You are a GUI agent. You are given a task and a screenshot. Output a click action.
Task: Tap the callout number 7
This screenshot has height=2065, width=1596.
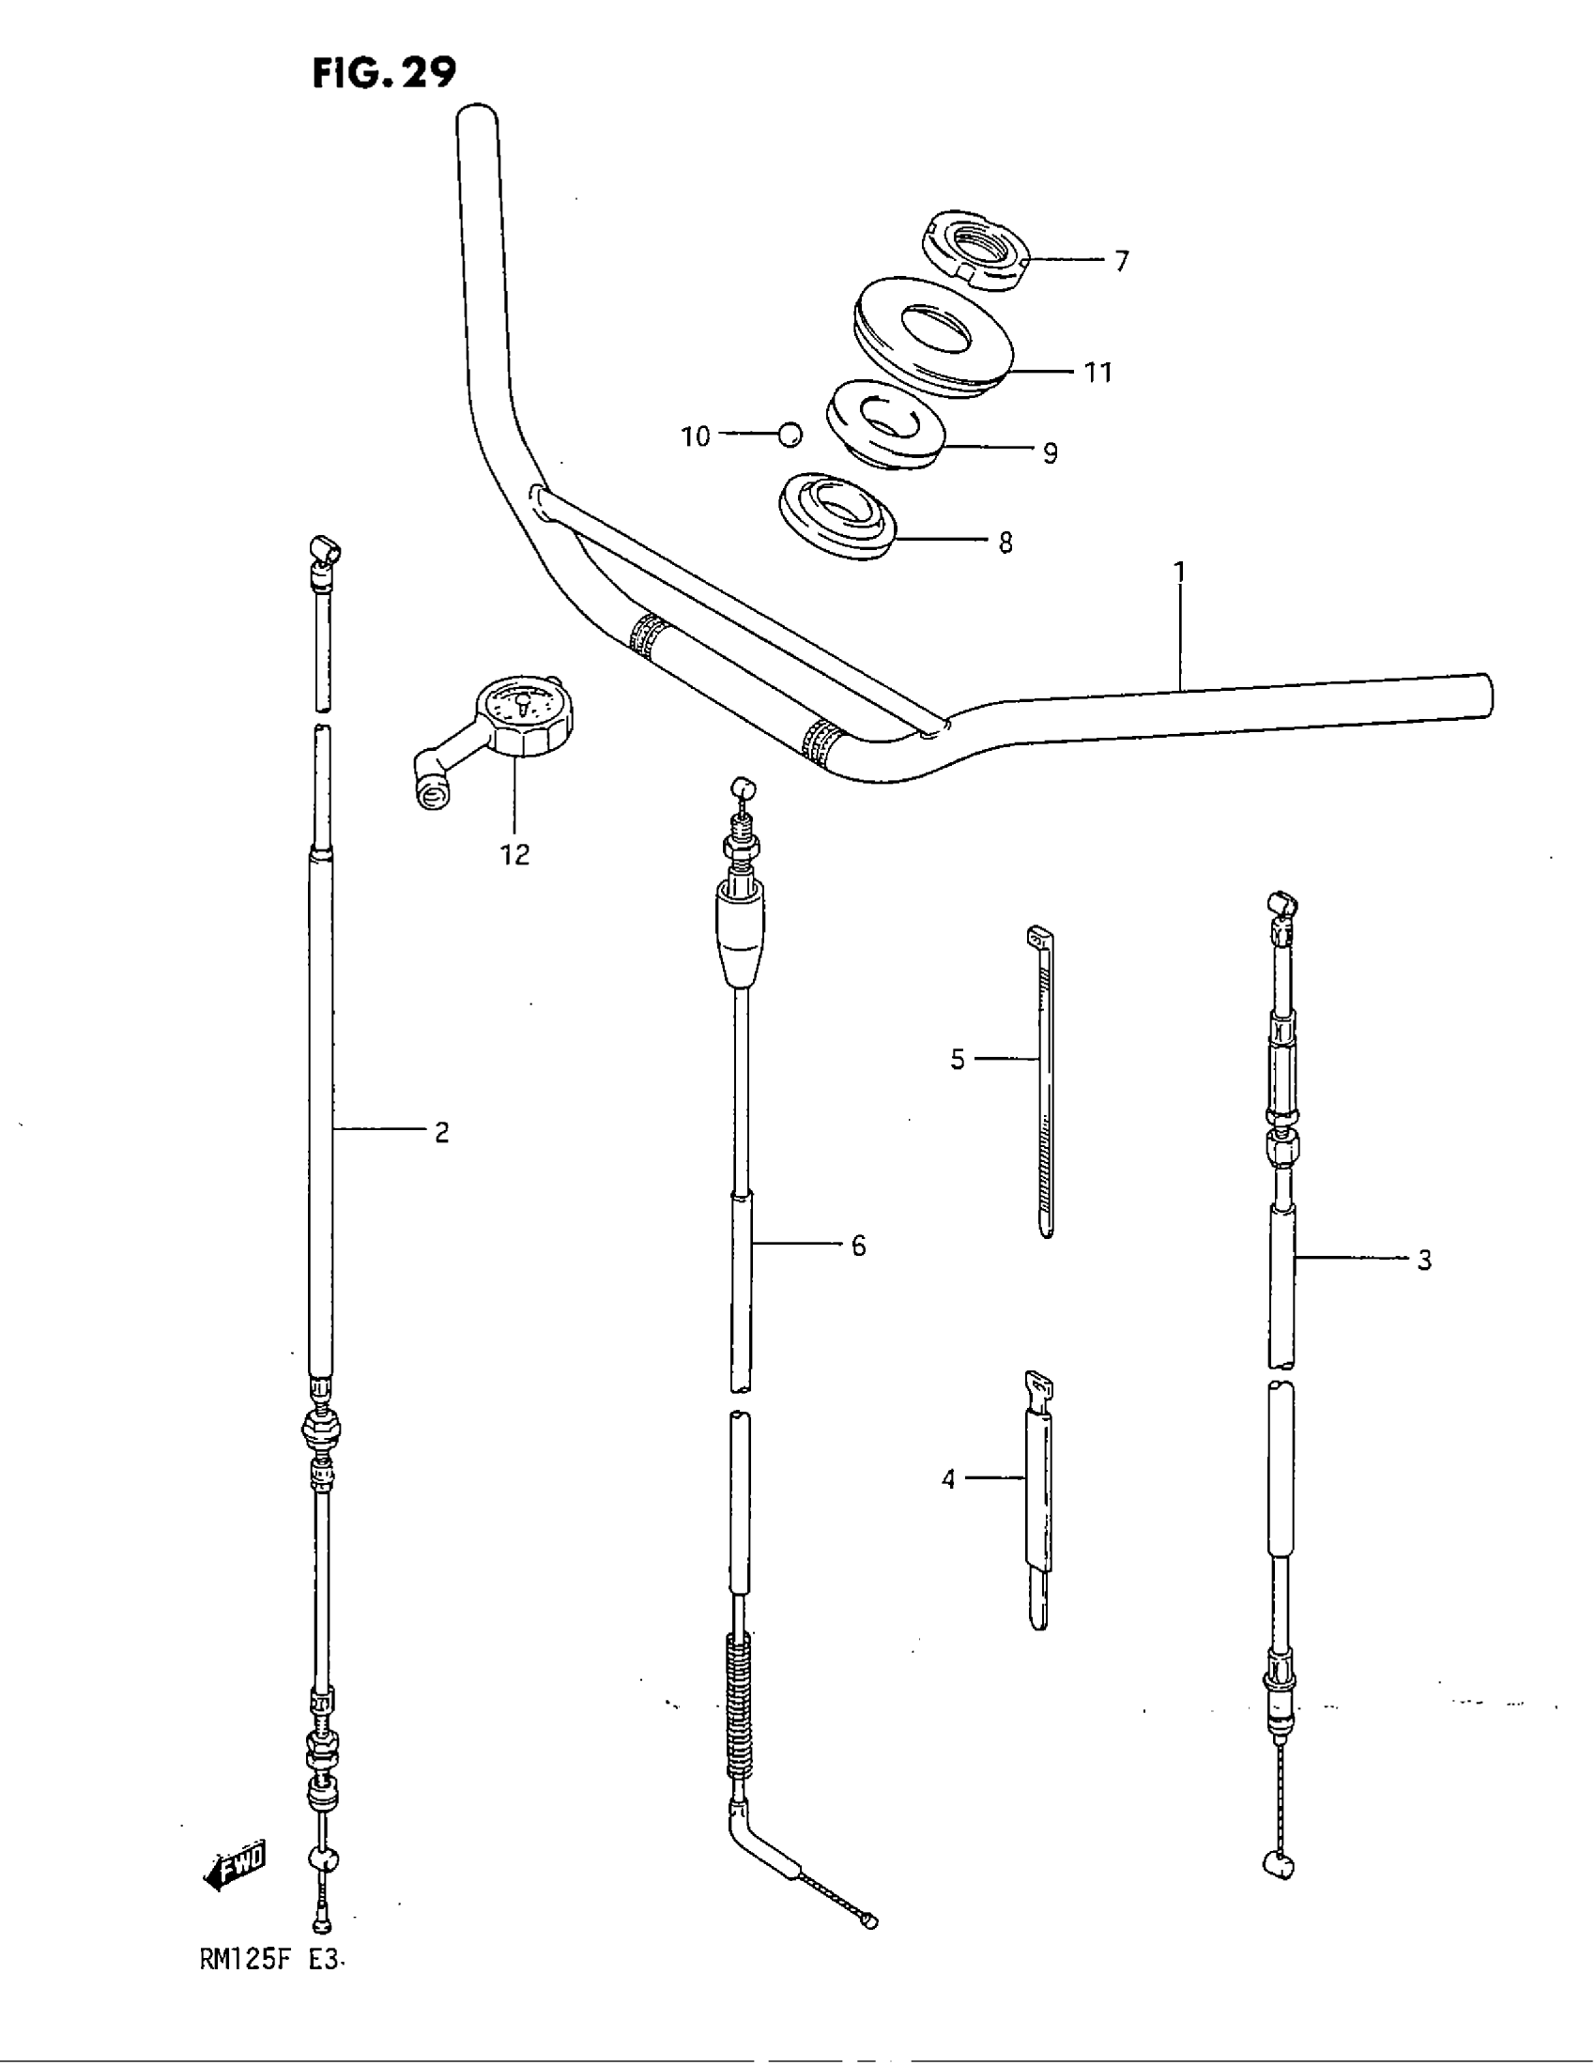pyautogui.click(x=1120, y=261)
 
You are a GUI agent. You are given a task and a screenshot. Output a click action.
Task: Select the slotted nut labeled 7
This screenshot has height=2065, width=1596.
pyautogui.click(x=974, y=251)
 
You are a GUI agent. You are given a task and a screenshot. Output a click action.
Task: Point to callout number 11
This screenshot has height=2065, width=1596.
pyautogui.click(x=1097, y=373)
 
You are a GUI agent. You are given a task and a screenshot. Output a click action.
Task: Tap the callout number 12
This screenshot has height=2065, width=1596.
pyautogui.click(x=515, y=855)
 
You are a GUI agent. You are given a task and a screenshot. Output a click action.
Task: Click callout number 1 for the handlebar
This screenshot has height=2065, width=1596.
pyautogui.click(x=1179, y=572)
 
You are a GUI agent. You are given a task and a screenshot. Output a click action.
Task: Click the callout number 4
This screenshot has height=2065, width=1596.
pyautogui.click(x=948, y=1479)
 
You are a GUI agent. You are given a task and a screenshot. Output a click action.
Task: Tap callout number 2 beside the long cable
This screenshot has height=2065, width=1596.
pyautogui.click(x=441, y=1132)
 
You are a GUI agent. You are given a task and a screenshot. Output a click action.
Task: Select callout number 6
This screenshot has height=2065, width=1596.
pyautogui.click(x=857, y=1247)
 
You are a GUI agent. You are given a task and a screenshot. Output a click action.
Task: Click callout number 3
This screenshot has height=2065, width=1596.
pyautogui.click(x=1424, y=1260)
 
